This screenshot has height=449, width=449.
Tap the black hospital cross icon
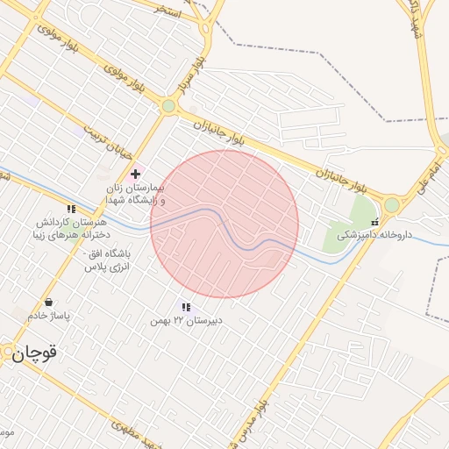point(135,175)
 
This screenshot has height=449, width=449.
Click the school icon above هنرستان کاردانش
point(71,210)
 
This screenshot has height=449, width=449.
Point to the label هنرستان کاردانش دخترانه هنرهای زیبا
point(72,229)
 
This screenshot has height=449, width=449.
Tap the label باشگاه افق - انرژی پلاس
point(106,260)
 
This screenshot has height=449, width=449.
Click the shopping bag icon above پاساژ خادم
point(47,302)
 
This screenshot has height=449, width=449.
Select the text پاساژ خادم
point(47,315)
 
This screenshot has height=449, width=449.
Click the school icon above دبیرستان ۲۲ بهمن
point(186,307)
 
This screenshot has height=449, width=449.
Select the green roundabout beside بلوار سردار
point(168,106)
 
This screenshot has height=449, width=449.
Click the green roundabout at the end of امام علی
point(391,205)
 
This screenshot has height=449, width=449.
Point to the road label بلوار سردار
point(194,74)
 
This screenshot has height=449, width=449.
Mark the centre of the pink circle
point(224,224)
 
